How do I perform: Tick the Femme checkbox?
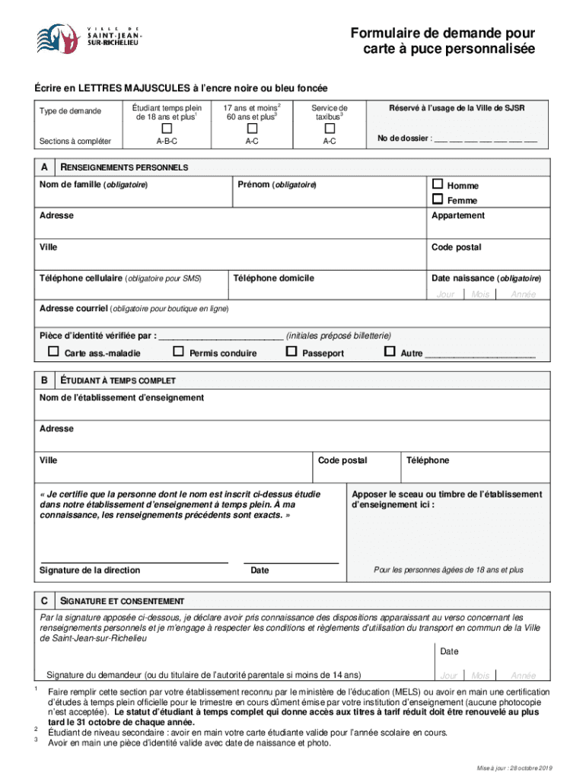(437, 200)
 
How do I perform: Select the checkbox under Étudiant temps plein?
(166, 128)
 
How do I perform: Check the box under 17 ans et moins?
(251, 128)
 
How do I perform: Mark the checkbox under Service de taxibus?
(329, 128)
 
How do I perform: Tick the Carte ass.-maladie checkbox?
(53, 352)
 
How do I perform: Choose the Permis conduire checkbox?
(178, 352)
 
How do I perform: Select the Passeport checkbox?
(291, 352)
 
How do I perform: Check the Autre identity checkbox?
(390, 352)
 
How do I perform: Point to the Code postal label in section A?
(456, 247)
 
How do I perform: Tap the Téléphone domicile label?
(274, 278)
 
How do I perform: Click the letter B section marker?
(46, 380)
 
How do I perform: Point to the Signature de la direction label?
(90, 570)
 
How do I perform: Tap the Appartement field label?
(457, 216)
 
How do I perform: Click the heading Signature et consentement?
(122, 601)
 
